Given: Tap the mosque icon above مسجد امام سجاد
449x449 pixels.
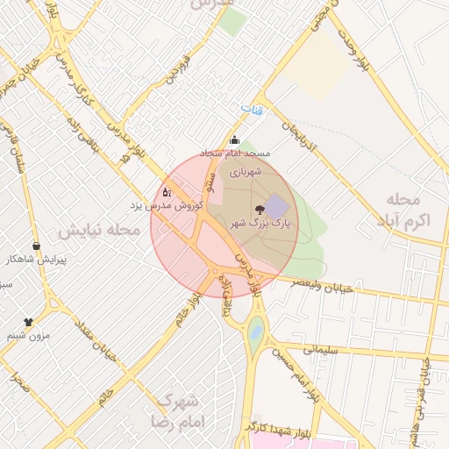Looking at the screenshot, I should click(x=233, y=139).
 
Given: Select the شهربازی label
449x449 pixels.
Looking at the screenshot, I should click(x=246, y=173).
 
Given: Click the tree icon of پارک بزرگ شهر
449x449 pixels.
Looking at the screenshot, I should click(x=259, y=209).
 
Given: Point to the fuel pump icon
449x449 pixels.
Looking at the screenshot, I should click(x=167, y=191).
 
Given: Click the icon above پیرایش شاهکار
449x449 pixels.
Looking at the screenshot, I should click(x=36, y=246).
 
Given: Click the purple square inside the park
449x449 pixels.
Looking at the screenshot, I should click(x=277, y=207).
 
